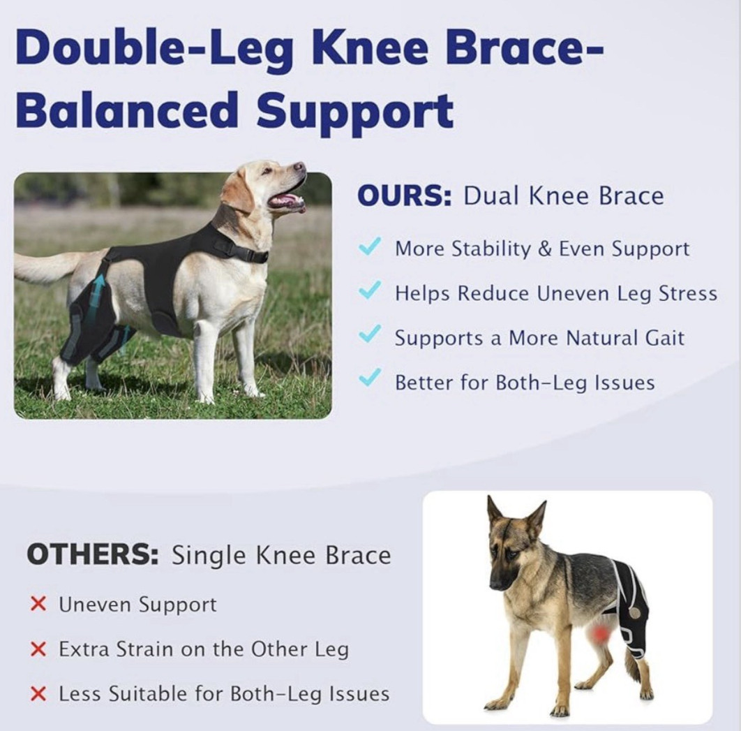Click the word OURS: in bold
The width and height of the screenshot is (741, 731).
(x=405, y=195)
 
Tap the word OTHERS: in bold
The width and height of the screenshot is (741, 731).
(x=93, y=554)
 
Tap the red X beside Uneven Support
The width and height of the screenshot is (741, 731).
(x=38, y=604)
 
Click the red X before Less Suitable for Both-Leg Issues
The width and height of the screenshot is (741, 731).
(x=38, y=693)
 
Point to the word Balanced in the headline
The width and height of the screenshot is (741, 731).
(x=126, y=110)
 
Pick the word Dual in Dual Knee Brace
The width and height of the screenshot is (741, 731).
(x=491, y=195)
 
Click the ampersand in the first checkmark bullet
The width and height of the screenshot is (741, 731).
(x=545, y=249)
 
